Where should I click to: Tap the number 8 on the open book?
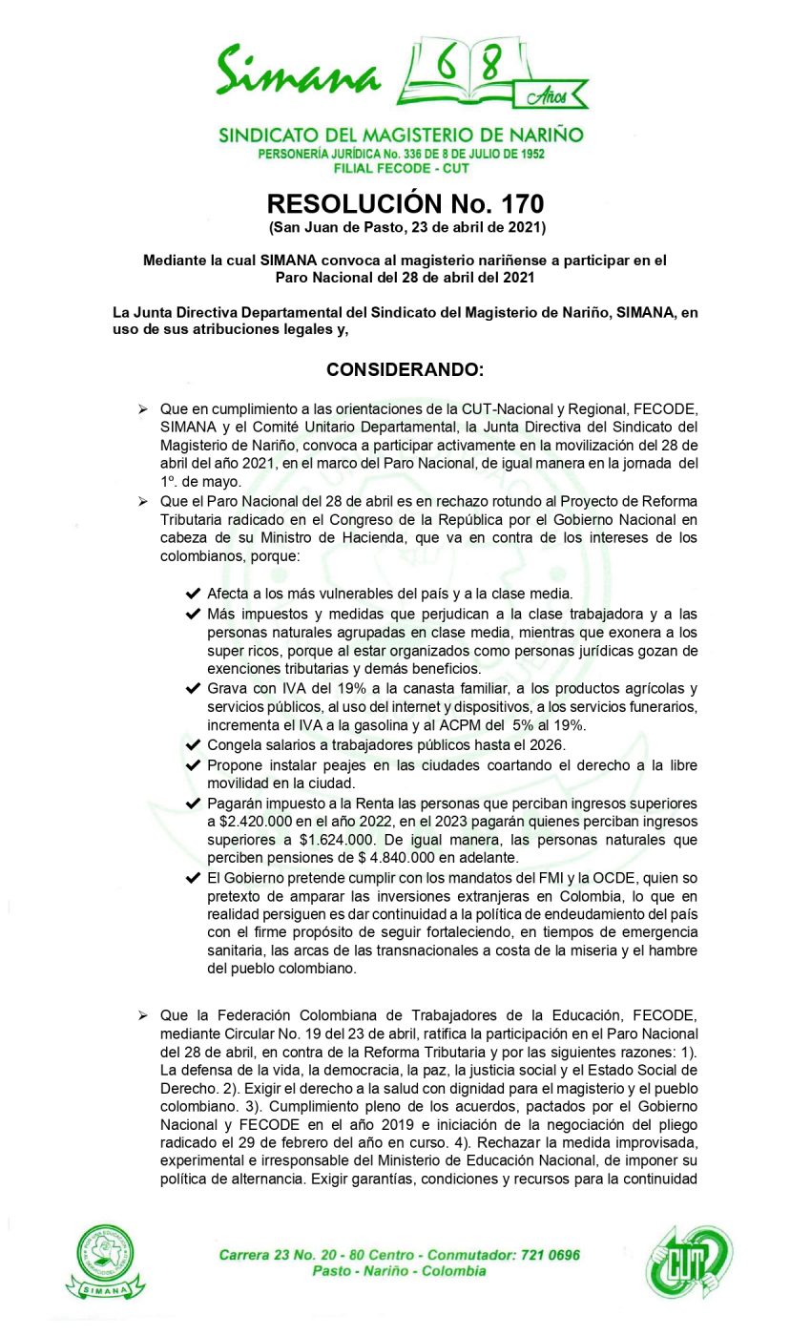coord(491,66)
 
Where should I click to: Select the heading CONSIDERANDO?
coord(405,369)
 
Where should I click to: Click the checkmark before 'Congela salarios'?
coord(194,745)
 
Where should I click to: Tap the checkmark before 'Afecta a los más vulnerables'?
coord(194,594)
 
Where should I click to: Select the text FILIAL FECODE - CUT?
coord(402,168)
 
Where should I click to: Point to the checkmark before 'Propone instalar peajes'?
coord(194,765)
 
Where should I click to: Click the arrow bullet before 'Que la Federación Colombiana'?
coord(142,1016)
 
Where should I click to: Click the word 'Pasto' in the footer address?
coord(332,1271)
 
